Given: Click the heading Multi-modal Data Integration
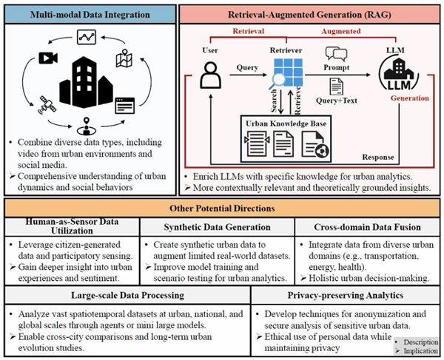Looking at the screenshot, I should (92, 13).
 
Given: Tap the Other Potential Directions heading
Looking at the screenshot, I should (221, 207).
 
